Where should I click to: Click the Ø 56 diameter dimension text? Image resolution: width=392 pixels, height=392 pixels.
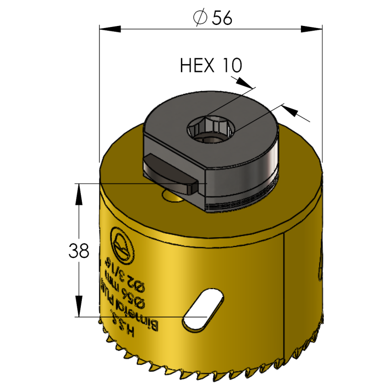pos(212,18)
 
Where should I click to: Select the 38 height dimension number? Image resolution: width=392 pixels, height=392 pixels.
pos(79,251)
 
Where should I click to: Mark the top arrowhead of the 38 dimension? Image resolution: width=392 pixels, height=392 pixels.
pos(77,189)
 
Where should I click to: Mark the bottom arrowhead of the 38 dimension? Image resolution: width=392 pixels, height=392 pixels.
pos(77,311)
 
